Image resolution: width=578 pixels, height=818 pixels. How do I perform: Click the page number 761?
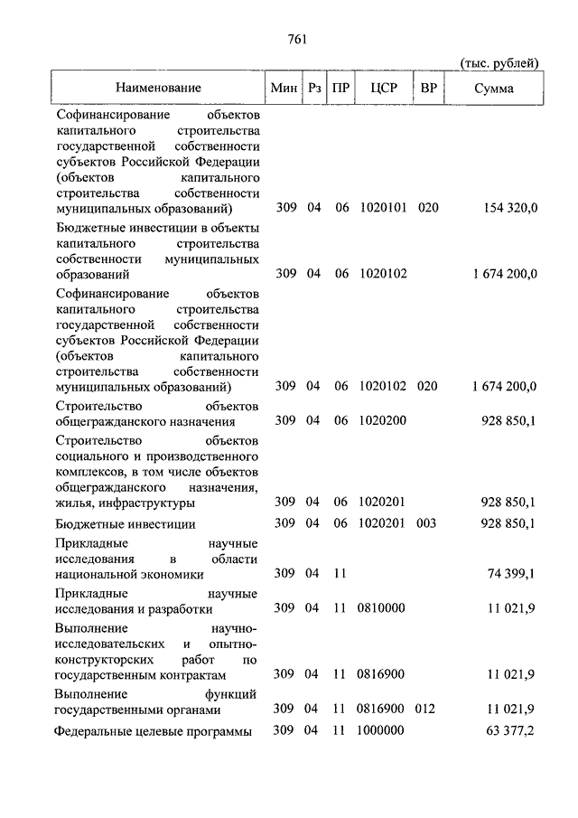click(x=298, y=38)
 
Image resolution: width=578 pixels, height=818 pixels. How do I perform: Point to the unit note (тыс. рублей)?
click(x=499, y=62)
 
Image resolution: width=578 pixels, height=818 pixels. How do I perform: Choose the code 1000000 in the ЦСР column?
click(x=381, y=730)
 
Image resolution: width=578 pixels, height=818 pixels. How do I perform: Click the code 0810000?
click(x=381, y=607)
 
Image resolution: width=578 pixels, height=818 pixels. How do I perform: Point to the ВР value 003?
click(x=428, y=524)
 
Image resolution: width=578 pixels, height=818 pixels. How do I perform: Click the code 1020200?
click(x=381, y=420)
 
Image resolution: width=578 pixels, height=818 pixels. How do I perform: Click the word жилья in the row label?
click(x=71, y=503)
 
